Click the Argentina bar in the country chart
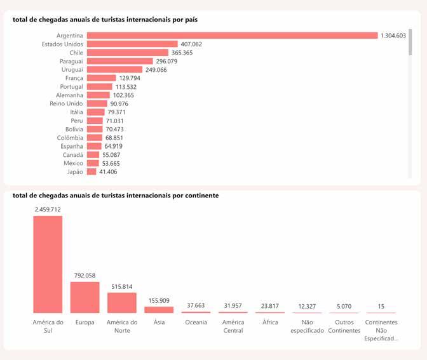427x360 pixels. (232, 36)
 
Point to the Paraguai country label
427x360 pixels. (71, 61)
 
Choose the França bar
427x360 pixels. (101, 78)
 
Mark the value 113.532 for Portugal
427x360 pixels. (126, 87)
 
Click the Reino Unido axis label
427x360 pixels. (66, 103)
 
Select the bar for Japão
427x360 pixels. (91, 171)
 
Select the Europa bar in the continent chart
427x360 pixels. (85, 297)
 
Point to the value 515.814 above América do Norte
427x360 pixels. (121, 287)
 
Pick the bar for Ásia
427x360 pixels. (158, 310)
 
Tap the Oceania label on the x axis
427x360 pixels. (196, 323)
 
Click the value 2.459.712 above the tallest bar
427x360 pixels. (48, 210)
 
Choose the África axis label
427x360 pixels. (270, 323)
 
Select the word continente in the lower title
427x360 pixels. (196, 196)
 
